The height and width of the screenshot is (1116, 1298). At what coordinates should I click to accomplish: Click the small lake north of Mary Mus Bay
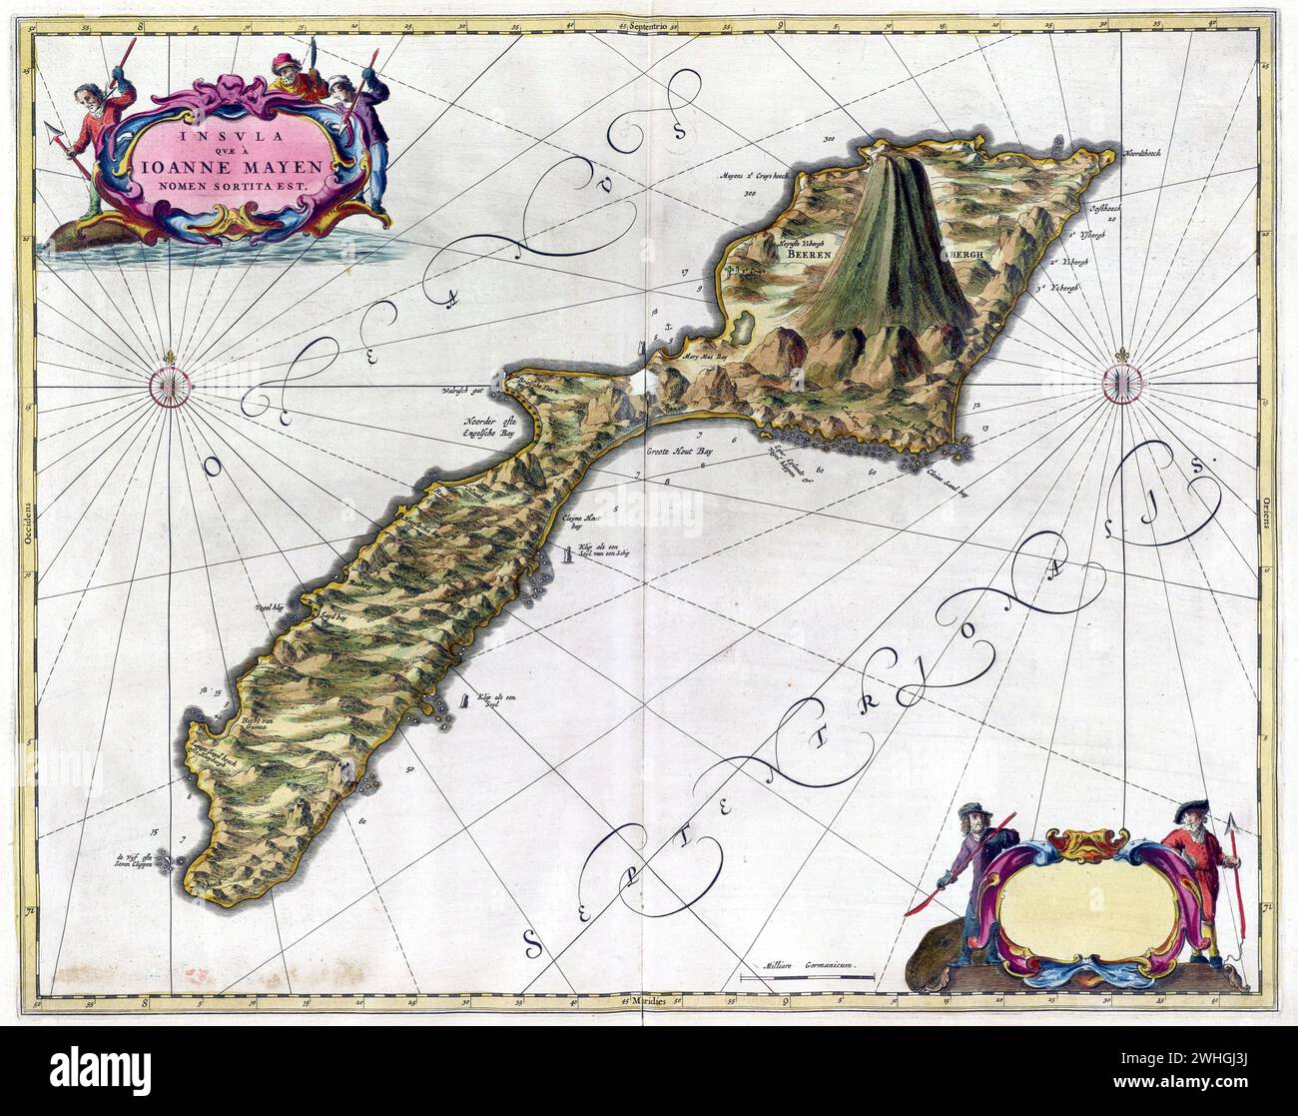(743, 326)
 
